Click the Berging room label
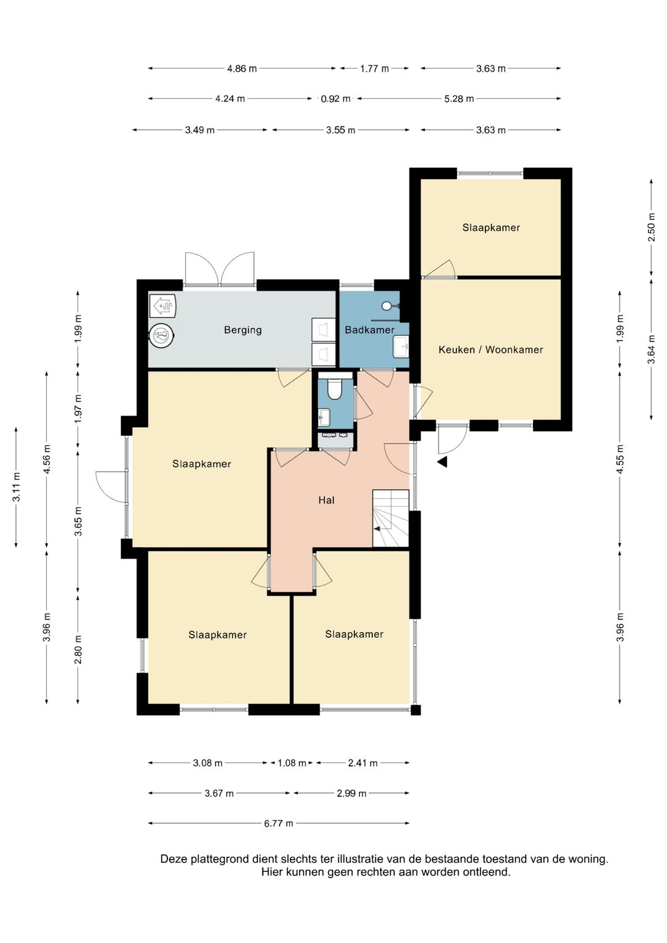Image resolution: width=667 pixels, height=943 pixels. [x=243, y=330]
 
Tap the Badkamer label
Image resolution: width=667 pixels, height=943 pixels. [x=369, y=330]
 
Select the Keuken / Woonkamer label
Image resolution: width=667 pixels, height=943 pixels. [x=490, y=350]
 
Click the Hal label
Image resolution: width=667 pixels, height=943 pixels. [x=326, y=500]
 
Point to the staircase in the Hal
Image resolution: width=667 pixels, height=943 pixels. [x=391, y=518]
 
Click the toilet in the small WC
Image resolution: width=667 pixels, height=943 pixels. [x=335, y=388]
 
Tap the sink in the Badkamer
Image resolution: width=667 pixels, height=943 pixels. [x=401, y=347]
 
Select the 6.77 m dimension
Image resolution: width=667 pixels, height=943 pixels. [x=279, y=823]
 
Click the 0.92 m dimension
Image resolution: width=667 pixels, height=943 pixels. [x=335, y=99]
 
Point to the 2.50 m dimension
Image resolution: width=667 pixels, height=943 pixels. [x=652, y=227]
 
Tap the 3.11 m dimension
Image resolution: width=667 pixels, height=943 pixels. [x=17, y=487]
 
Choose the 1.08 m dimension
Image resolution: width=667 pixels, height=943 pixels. [x=292, y=763]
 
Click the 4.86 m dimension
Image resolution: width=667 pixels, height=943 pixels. [x=241, y=69]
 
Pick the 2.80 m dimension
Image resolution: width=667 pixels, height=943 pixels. [x=78, y=650]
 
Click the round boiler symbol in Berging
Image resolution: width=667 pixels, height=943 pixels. [x=162, y=335]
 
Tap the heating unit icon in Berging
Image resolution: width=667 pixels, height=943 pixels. [x=162, y=305]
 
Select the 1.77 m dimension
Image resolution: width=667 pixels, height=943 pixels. [x=374, y=69]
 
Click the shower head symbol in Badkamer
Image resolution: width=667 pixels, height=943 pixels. [x=387, y=305]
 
